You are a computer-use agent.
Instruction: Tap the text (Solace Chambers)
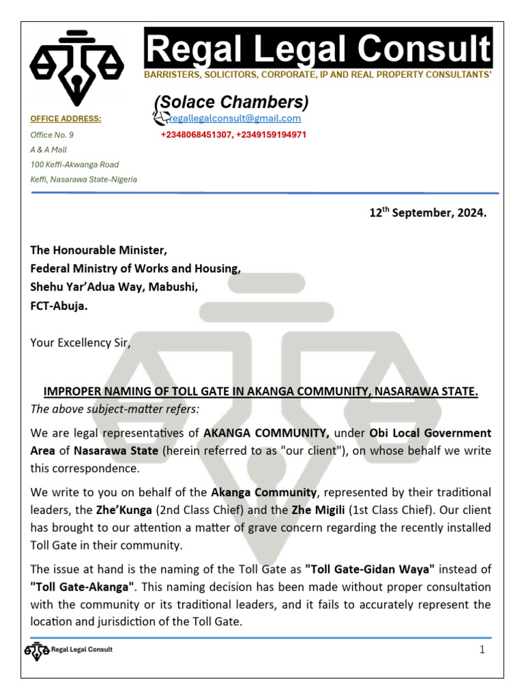click(x=231, y=102)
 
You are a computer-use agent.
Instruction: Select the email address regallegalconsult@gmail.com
click(x=234, y=118)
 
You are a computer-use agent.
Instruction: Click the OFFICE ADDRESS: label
click(x=65, y=119)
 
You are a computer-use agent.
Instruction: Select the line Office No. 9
click(x=52, y=135)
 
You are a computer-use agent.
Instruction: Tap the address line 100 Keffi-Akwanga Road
click(x=74, y=165)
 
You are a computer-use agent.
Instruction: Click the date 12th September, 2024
click(x=428, y=213)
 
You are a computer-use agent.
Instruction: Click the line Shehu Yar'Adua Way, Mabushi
click(x=114, y=288)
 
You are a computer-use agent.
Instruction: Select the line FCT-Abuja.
click(x=59, y=306)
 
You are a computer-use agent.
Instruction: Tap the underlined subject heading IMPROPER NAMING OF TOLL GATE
click(x=261, y=392)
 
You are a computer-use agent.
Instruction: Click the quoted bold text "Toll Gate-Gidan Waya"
click(x=369, y=569)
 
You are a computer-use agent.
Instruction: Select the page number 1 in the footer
click(x=482, y=650)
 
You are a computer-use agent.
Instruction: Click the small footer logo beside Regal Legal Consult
click(x=37, y=650)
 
